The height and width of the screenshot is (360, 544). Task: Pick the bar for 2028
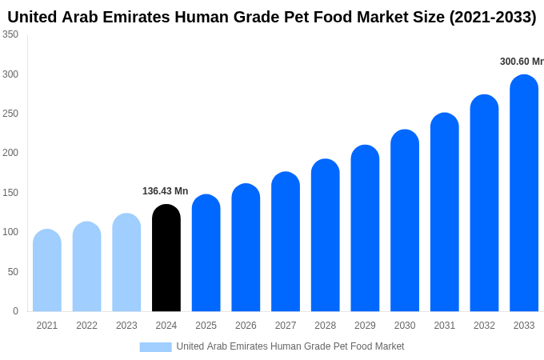click(326, 235)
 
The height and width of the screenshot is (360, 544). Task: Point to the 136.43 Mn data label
click(166, 191)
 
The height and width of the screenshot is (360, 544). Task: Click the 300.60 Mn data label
click(521, 62)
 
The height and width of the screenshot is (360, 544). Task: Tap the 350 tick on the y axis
click(10, 34)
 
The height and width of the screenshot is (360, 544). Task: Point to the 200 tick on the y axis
click(10, 153)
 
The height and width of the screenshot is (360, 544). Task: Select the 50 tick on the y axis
click(13, 272)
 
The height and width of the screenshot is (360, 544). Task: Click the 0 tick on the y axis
click(15, 311)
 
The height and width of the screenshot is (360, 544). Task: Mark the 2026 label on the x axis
click(246, 326)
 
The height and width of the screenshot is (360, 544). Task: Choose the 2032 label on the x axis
click(484, 326)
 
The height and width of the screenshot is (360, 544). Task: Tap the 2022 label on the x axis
click(86, 326)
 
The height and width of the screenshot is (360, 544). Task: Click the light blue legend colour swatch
click(155, 346)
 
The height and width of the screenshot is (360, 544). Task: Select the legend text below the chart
click(290, 346)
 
